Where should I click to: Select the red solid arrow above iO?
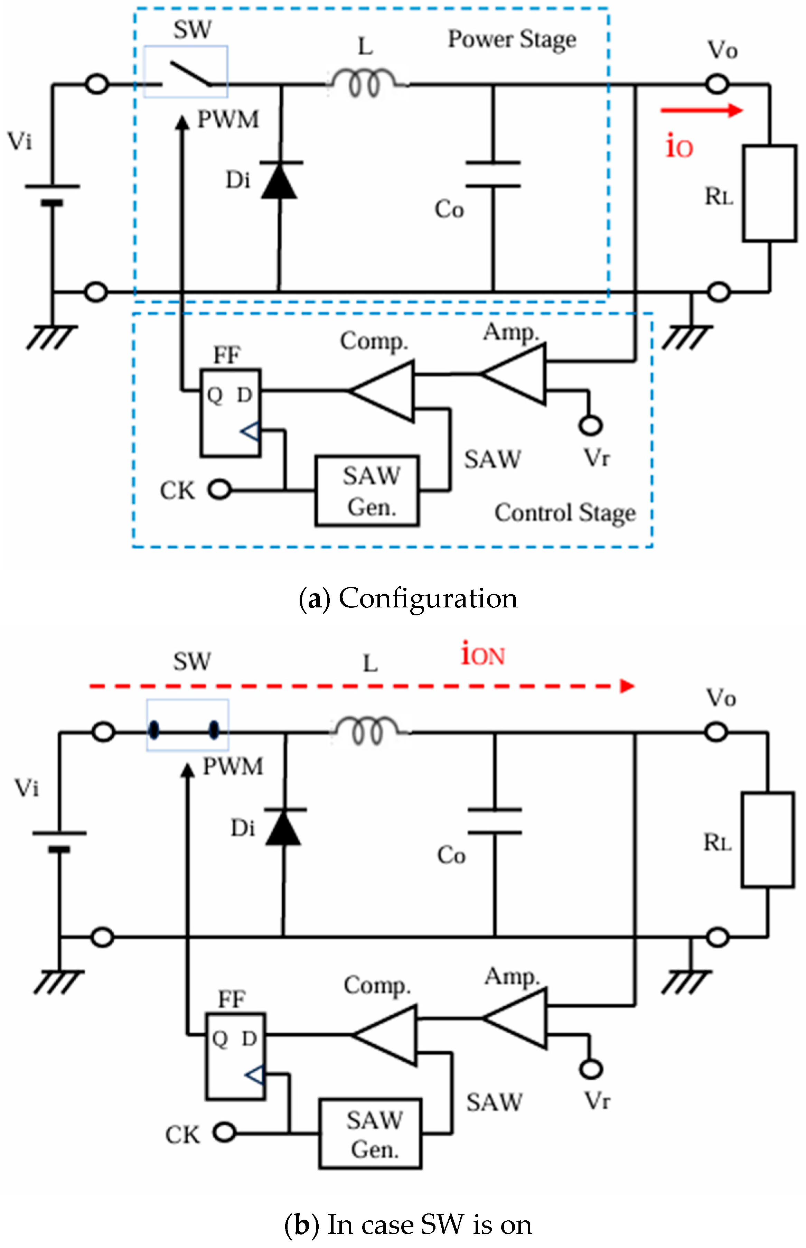701,110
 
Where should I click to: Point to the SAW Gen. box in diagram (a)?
367,491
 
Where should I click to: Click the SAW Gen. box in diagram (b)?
371,1133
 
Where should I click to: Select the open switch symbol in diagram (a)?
186,72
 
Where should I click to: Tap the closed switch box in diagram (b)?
187,725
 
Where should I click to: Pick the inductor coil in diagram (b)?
369,729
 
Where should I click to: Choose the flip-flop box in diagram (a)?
230,413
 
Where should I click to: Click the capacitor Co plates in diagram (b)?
495,820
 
